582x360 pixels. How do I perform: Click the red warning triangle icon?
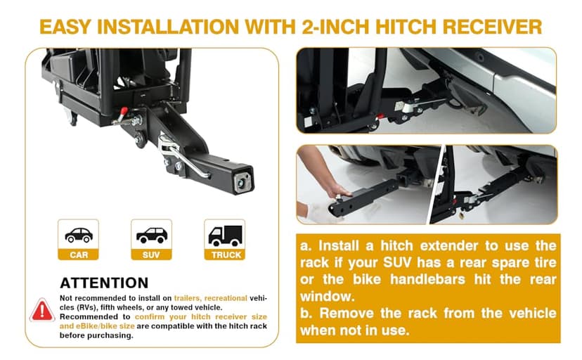tap(42, 310)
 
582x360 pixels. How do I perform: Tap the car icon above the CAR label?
tap(79, 236)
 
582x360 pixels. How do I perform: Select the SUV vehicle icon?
tap(151, 236)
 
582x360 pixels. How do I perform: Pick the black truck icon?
tap(225, 236)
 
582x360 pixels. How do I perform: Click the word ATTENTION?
tap(104, 283)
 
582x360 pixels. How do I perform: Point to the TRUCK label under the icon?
tap(226, 255)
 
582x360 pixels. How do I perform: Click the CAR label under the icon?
tap(79, 255)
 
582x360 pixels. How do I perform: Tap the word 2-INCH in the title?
tap(335, 27)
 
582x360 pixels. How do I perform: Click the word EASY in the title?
tap(65, 27)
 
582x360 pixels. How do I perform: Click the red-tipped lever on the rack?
tap(122, 115)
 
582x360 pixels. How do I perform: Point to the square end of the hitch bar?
tap(243, 180)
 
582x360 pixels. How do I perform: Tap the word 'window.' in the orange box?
tap(328, 296)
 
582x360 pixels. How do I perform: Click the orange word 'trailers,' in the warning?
tap(188, 298)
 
